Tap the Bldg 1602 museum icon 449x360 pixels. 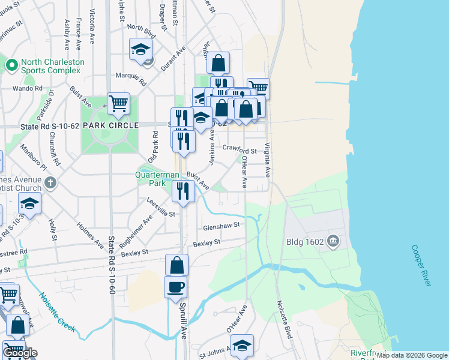[334, 242]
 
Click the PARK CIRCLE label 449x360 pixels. [106, 125]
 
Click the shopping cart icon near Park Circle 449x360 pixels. [118, 103]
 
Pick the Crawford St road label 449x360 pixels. [240, 149]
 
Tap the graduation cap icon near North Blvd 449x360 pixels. [140, 49]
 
